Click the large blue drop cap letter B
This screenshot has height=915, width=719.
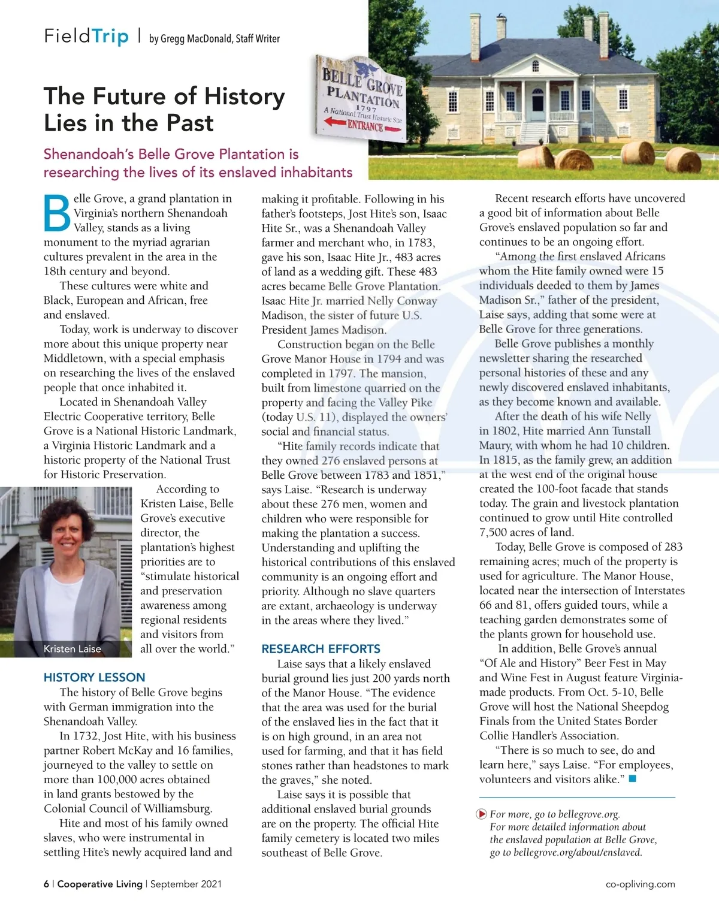coord(58,213)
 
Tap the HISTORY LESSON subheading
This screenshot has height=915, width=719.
coord(94,677)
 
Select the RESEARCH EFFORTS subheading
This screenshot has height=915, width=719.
coord(321,648)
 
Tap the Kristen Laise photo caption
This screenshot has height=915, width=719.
coord(72,648)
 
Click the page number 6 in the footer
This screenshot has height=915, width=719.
coord(46,884)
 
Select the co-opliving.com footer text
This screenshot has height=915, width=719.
coord(640,884)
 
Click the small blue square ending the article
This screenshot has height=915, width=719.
coord(632,778)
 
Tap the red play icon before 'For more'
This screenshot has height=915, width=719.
coord(481,814)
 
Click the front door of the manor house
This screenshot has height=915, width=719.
coord(537,104)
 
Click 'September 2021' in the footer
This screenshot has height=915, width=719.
coord(186,884)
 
